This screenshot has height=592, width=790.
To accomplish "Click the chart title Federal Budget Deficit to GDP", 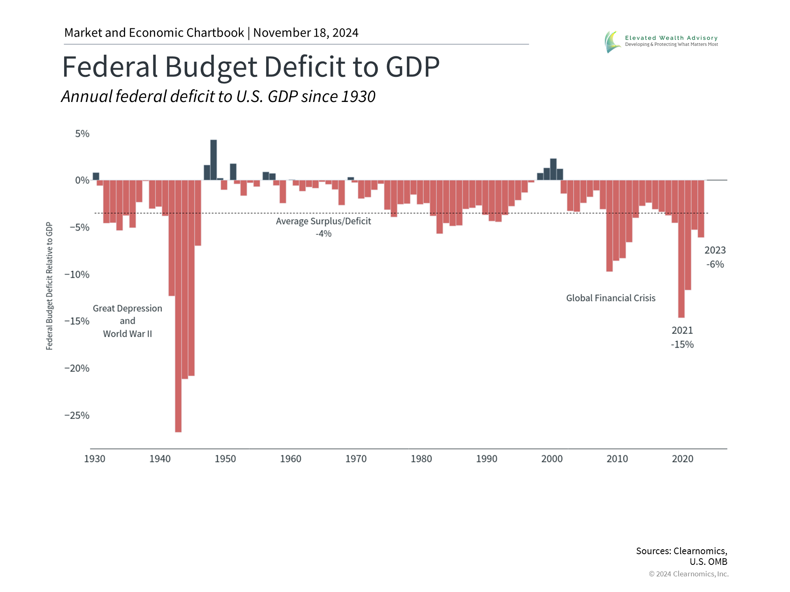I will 251,67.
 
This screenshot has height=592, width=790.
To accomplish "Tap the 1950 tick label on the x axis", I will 225,459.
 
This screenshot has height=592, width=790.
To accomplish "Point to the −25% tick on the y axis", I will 77,415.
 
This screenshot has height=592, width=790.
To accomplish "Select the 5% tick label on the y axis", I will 82,134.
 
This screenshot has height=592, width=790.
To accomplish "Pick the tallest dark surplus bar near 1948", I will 214,160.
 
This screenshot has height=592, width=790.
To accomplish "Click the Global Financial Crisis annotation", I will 611,298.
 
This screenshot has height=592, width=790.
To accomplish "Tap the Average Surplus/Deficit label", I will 323,221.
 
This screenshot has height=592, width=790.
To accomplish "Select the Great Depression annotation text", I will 128,308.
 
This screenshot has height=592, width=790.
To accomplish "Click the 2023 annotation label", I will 715,250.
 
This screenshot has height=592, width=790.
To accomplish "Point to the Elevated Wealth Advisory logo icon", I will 613,42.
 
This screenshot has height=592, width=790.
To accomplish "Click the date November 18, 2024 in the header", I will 306,33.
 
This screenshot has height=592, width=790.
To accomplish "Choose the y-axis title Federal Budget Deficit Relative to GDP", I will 49,286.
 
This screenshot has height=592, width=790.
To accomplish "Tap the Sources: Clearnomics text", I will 681,551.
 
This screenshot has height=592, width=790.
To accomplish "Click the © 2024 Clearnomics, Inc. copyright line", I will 688,574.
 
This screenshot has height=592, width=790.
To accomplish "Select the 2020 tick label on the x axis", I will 683,459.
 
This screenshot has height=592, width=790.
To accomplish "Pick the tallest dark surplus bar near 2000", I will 553,169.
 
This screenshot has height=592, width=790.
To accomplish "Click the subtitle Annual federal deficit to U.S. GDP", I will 218,97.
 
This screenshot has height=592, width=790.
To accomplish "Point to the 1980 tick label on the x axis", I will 421,459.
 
